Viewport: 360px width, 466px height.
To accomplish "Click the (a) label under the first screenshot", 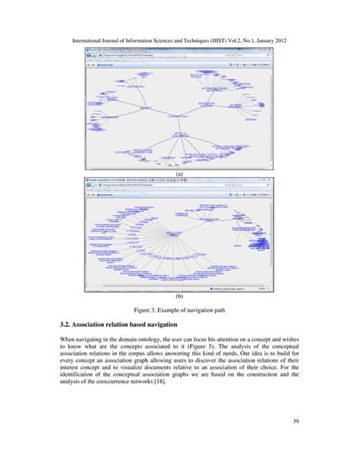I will pos(180,173).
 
